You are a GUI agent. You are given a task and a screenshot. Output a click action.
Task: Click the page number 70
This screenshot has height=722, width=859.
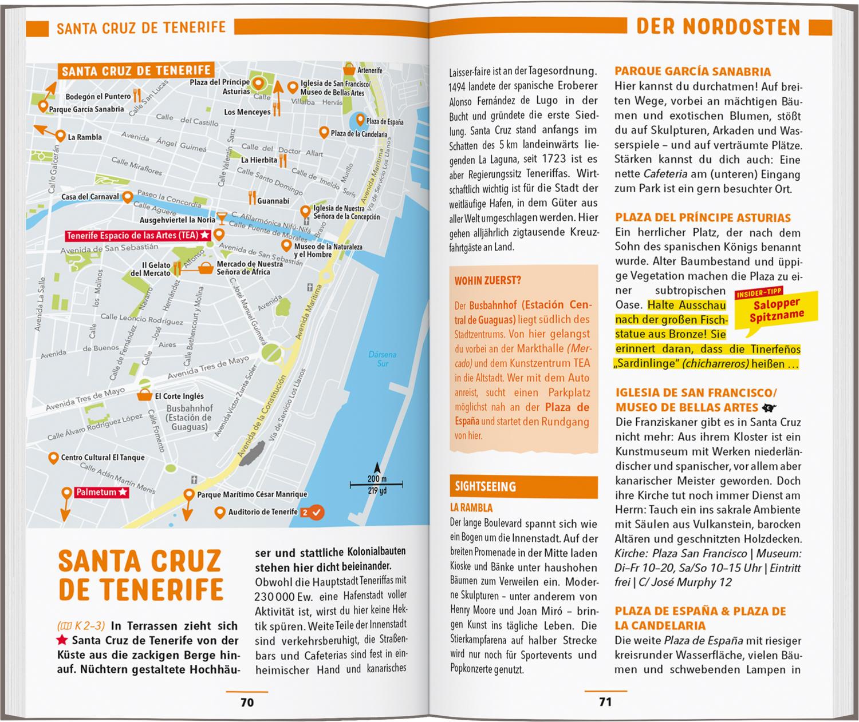pos(247,702)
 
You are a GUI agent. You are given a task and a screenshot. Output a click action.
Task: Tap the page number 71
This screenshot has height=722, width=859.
pos(605,702)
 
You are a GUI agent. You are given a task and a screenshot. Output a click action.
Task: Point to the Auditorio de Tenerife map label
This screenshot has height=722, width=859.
pos(263,512)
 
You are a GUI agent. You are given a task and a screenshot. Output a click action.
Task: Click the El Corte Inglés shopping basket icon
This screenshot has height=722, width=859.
pos(144,395)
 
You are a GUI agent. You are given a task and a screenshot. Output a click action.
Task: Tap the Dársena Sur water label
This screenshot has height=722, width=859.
pos(382,359)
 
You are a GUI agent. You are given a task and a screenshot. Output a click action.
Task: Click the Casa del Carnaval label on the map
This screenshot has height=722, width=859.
pos(90,197)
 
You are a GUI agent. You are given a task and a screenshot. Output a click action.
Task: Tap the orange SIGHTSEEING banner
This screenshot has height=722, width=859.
pos(524,487)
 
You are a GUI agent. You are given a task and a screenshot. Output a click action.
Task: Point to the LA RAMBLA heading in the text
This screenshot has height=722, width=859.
pos(471,507)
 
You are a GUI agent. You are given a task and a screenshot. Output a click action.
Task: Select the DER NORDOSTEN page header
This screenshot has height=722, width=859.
pos(718,27)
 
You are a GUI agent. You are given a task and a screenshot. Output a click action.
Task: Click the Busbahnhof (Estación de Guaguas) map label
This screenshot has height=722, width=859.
pos(190,418)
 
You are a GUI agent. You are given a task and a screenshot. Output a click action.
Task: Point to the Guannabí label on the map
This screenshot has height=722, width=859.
pos(273,201)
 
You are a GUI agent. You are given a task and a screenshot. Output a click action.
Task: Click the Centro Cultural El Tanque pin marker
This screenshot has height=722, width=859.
pos(53,458)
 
